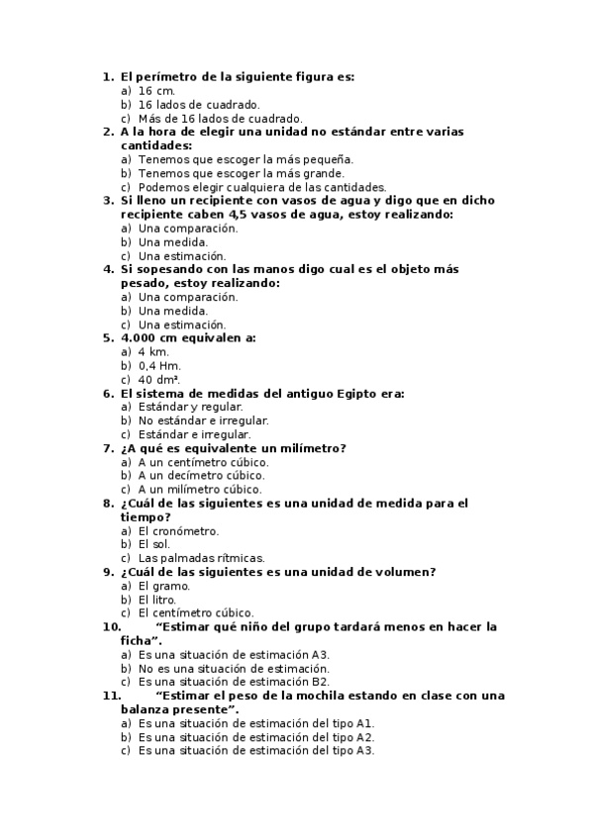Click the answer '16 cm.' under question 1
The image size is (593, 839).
click(x=156, y=90)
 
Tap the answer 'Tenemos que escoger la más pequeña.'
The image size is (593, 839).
click(x=246, y=158)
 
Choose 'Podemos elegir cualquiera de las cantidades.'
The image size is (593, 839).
click(x=261, y=187)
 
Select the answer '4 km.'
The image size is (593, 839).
click(x=153, y=351)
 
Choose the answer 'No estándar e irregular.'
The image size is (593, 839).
click(x=203, y=420)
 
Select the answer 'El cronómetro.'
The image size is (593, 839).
click(x=178, y=530)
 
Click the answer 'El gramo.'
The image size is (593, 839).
click(x=164, y=586)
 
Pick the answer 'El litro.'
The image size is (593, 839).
click(x=159, y=600)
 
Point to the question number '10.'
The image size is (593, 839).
click(x=111, y=626)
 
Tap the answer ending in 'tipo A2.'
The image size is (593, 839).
click(x=256, y=737)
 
